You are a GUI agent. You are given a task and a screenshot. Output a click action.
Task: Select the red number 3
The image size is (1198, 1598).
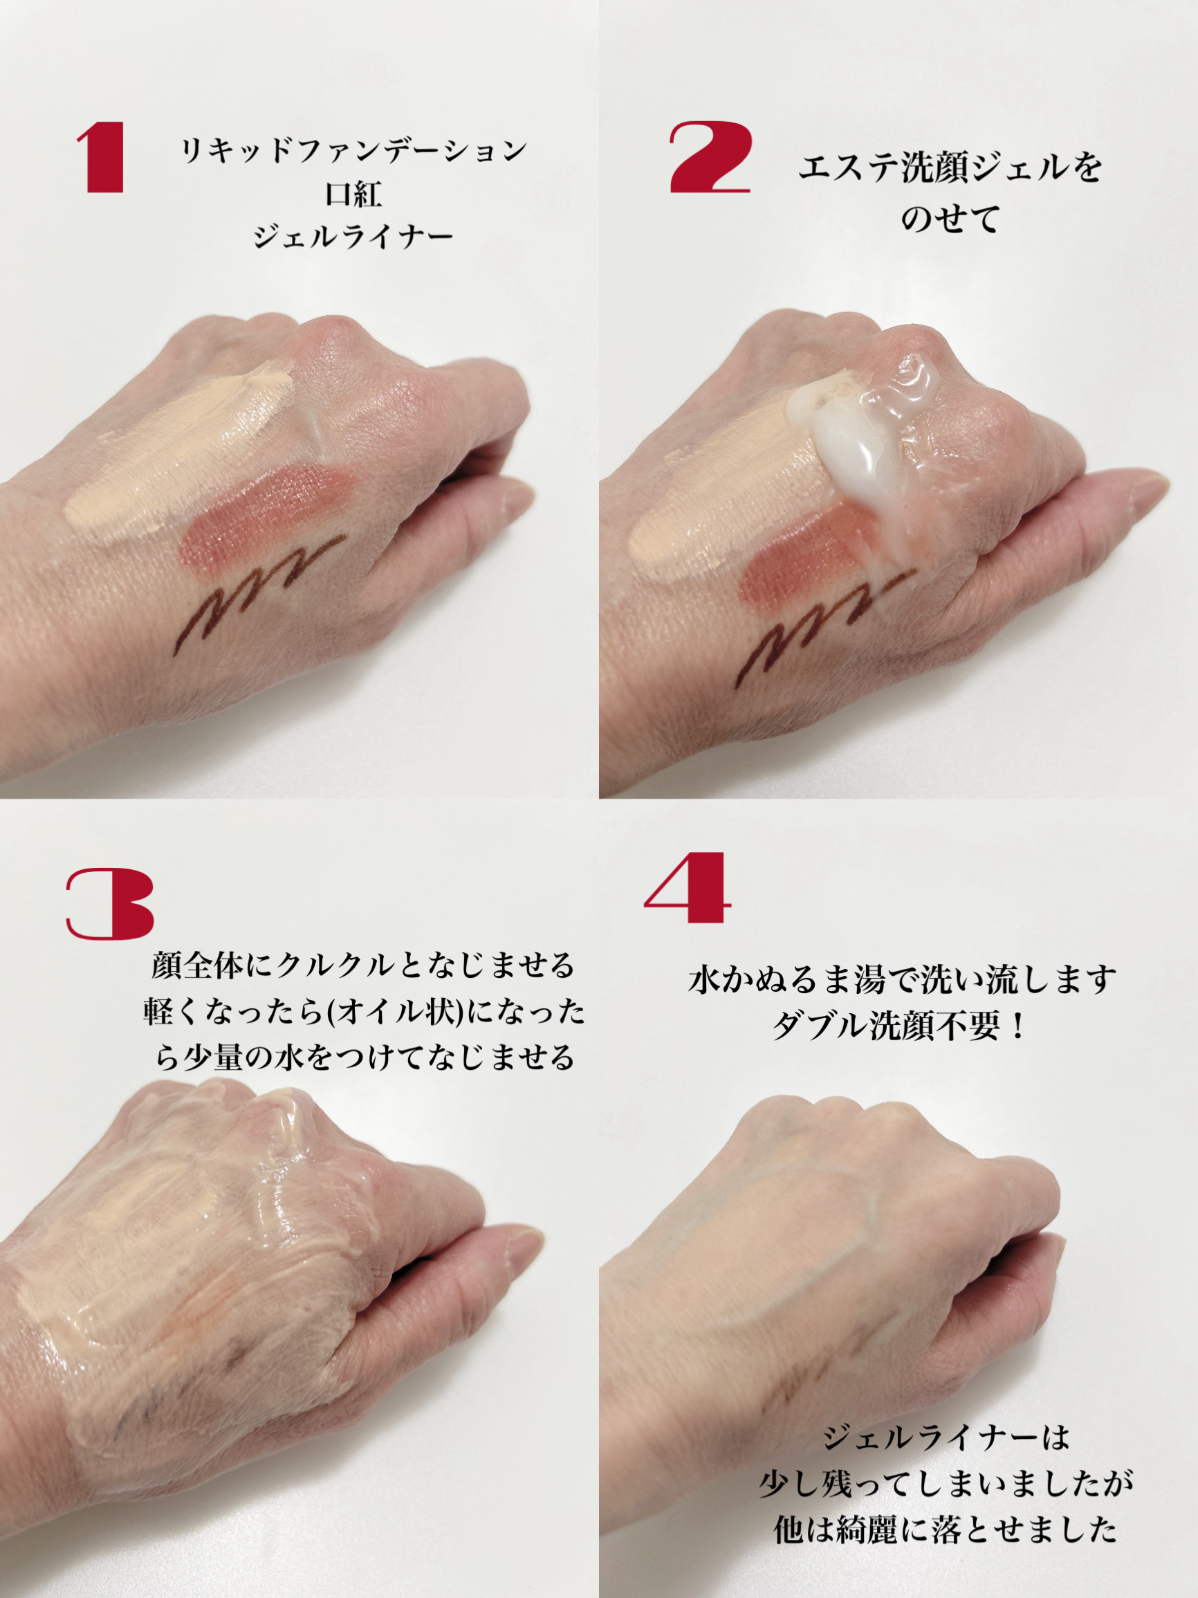click(110, 905)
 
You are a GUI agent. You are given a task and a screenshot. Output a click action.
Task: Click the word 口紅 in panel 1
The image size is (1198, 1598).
click(353, 194)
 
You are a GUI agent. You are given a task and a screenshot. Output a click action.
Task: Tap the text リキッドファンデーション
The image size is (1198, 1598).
click(353, 150)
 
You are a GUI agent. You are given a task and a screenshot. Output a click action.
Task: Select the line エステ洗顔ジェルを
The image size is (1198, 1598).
click(950, 168)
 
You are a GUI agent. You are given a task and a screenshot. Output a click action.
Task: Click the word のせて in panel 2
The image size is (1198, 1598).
click(950, 218)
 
